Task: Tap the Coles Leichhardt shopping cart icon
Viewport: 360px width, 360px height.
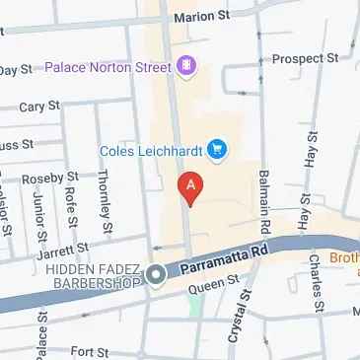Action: click(218, 150)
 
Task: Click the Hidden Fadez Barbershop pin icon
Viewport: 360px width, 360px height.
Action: click(156, 276)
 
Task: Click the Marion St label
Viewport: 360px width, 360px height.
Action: click(200, 18)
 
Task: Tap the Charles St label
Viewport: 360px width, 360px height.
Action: click(314, 278)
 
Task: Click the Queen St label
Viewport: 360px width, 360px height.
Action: click(216, 286)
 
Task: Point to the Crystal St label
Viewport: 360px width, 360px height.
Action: click(237, 320)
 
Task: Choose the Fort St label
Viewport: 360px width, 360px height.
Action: click(89, 351)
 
